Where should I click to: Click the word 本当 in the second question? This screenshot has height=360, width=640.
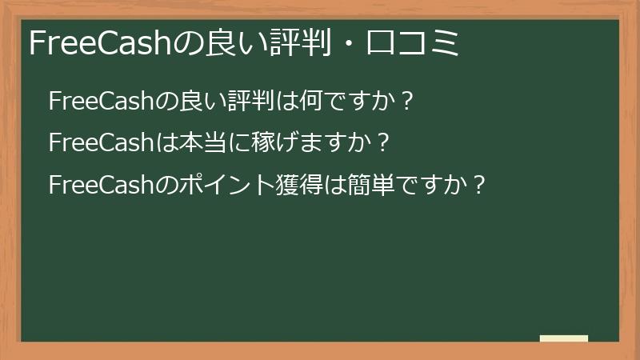[203, 143]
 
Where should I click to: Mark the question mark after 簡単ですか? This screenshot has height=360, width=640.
[478, 185]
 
